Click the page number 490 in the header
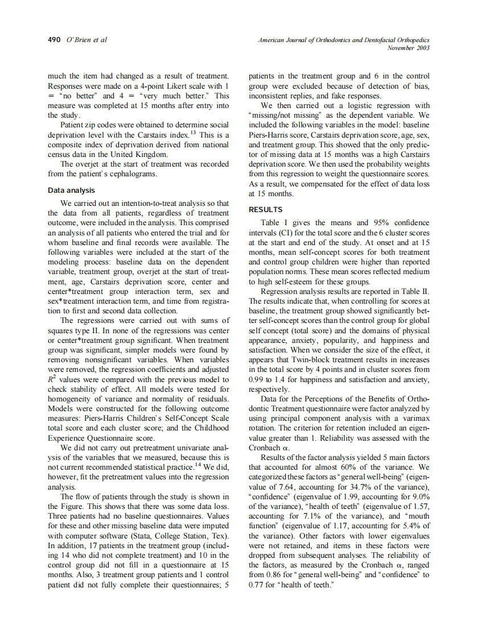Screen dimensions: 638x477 [x=54, y=40]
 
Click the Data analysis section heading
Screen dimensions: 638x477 [x=71, y=190]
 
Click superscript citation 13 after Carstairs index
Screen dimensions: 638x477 [x=193, y=132]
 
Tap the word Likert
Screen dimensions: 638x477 [x=161, y=86]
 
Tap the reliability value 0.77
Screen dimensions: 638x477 [x=257, y=584]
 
